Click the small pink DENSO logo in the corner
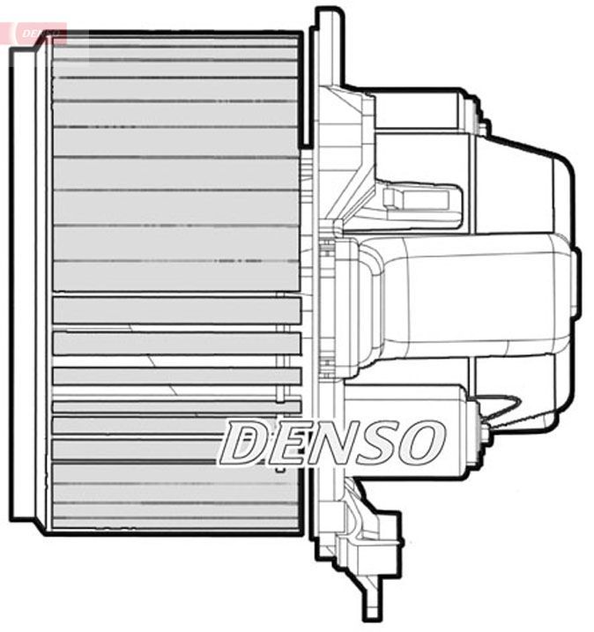39,33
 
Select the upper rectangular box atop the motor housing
414,109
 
